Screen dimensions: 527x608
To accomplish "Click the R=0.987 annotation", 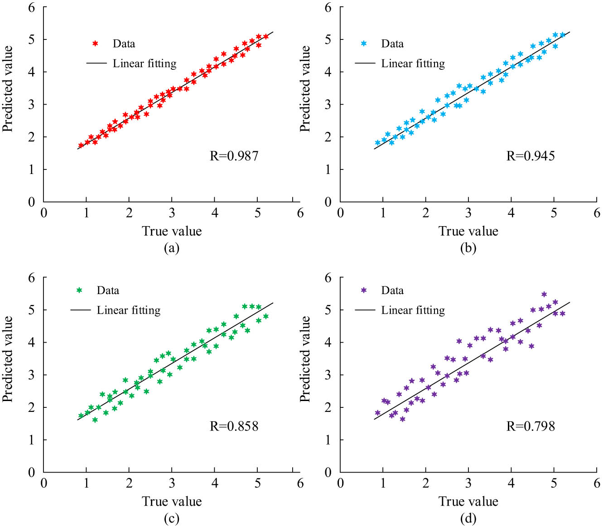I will [x=234, y=156].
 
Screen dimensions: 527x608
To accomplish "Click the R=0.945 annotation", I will [x=530, y=156].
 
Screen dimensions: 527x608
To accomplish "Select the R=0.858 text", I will [x=234, y=426].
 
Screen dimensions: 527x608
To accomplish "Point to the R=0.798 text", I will [x=530, y=426].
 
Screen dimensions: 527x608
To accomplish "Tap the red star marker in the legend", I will [x=95, y=44].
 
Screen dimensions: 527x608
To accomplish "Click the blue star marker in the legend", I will [x=363, y=44].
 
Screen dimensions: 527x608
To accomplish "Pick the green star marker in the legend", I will [x=79, y=290].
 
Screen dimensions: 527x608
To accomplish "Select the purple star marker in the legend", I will [x=363, y=290].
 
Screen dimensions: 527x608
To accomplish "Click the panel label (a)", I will [x=172, y=248].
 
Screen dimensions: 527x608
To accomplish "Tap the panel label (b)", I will [x=468, y=248].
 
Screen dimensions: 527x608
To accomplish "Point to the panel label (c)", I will [x=172, y=518].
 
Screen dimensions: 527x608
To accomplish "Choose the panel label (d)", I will [x=468, y=518].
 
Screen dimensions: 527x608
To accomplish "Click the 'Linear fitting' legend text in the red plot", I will [x=145, y=63].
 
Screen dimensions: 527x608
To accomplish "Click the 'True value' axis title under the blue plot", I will [x=468, y=232].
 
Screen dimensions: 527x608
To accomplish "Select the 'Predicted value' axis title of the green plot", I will [x=8, y=359].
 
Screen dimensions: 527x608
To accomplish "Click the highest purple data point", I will [x=544, y=294].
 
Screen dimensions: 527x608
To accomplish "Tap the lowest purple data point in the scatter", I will [x=402, y=419].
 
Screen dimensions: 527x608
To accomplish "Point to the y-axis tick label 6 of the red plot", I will [x=31, y=8].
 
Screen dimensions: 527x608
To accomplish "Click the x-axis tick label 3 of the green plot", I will [x=172, y=483].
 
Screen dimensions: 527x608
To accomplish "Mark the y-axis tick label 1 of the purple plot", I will [x=328, y=440].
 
